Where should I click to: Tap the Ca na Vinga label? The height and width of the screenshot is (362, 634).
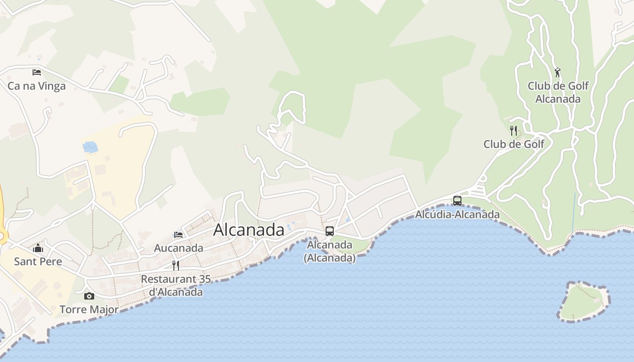click(37, 86)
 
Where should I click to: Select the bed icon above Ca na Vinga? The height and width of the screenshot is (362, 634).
click(37, 72)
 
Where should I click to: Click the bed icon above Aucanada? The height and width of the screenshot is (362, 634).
click(178, 235)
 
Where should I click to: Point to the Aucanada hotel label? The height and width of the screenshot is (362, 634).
click(178, 248)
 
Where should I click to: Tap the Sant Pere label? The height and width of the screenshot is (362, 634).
click(38, 261)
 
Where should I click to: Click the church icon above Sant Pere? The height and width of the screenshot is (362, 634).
click(38, 248)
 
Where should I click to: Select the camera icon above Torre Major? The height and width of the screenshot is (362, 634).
click(89, 296)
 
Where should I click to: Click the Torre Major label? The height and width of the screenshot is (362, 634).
click(89, 310)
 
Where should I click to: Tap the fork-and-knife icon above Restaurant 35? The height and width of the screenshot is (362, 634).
click(176, 265)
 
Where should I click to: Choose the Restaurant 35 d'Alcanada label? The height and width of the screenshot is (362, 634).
click(176, 286)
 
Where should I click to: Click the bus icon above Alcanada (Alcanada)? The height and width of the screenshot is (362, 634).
click(330, 231)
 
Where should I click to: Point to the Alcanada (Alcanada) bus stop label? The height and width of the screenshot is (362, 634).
click(330, 251)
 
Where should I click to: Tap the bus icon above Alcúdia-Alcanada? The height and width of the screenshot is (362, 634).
click(457, 200)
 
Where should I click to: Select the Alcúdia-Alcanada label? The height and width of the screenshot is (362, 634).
click(457, 214)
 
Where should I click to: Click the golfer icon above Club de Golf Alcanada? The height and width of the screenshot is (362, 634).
click(558, 72)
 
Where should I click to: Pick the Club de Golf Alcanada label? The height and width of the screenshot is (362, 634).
click(558, 92)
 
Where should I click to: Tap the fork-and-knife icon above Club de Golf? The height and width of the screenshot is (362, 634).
click(514, 131)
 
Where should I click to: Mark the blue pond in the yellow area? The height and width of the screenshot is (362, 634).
click(91, 147)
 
